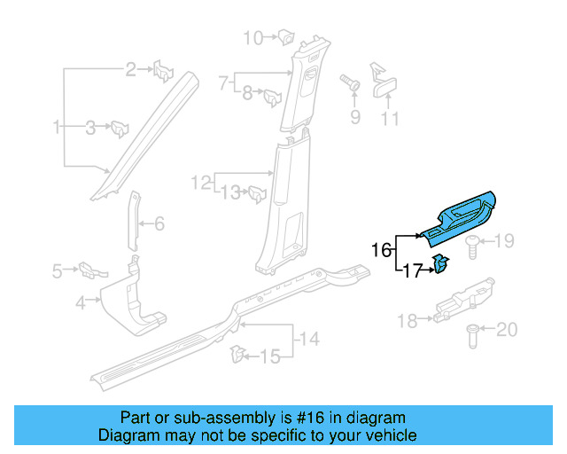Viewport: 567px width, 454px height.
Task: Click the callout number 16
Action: [381, 250]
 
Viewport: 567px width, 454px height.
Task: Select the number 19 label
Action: [503, 241]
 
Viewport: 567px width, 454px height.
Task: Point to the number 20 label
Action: [506, 330]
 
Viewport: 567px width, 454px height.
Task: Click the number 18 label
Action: [407, 321]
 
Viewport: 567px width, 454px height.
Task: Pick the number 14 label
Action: [308, 338]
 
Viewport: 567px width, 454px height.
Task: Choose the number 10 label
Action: [253, 37]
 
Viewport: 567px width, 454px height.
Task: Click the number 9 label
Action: [354, 118]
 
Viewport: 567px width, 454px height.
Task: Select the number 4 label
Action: [81, 303]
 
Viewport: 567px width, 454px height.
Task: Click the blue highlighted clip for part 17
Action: [440, 265]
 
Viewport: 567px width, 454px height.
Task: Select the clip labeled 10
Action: [286, 36]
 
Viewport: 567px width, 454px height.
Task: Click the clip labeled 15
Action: [237, 355]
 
